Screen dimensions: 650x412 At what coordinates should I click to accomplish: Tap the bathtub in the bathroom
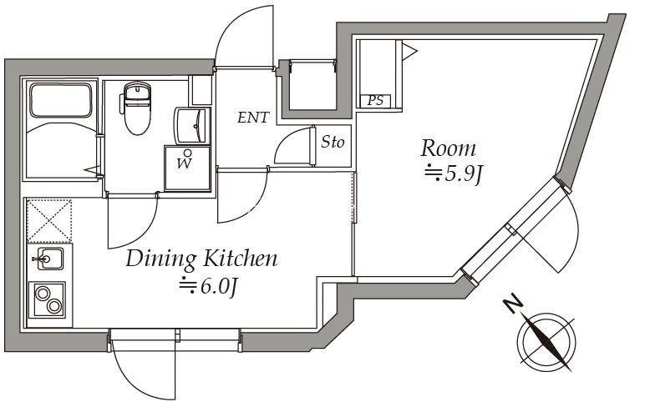pos(61,101)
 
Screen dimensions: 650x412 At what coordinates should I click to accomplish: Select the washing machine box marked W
pos(187,168)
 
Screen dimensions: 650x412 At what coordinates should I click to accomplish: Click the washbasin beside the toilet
pos(192,126)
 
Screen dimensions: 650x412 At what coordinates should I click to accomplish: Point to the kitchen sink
pos(49,259)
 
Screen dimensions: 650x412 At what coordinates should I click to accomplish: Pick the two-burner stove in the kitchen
pos(48,299)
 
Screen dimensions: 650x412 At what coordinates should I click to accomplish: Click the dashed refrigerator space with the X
pos(49,220)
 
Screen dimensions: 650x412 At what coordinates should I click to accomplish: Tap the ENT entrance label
pos(253,118)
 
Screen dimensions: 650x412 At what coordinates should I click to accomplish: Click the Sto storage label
pos(333,143)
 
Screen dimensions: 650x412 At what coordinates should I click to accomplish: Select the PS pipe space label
pos(376,101)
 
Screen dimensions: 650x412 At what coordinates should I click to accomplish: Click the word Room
pos(448,149)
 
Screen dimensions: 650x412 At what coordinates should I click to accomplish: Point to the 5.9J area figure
pos(453,175)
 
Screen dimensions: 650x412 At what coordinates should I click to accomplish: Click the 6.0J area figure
pos(208,286)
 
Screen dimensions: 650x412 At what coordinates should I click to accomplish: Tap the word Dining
pos(161,259)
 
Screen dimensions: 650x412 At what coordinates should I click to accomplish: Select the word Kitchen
pos(240,258)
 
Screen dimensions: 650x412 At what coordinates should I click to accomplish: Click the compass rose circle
pos(546,341)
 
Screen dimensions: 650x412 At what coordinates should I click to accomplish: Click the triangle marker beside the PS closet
pos(409,52)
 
